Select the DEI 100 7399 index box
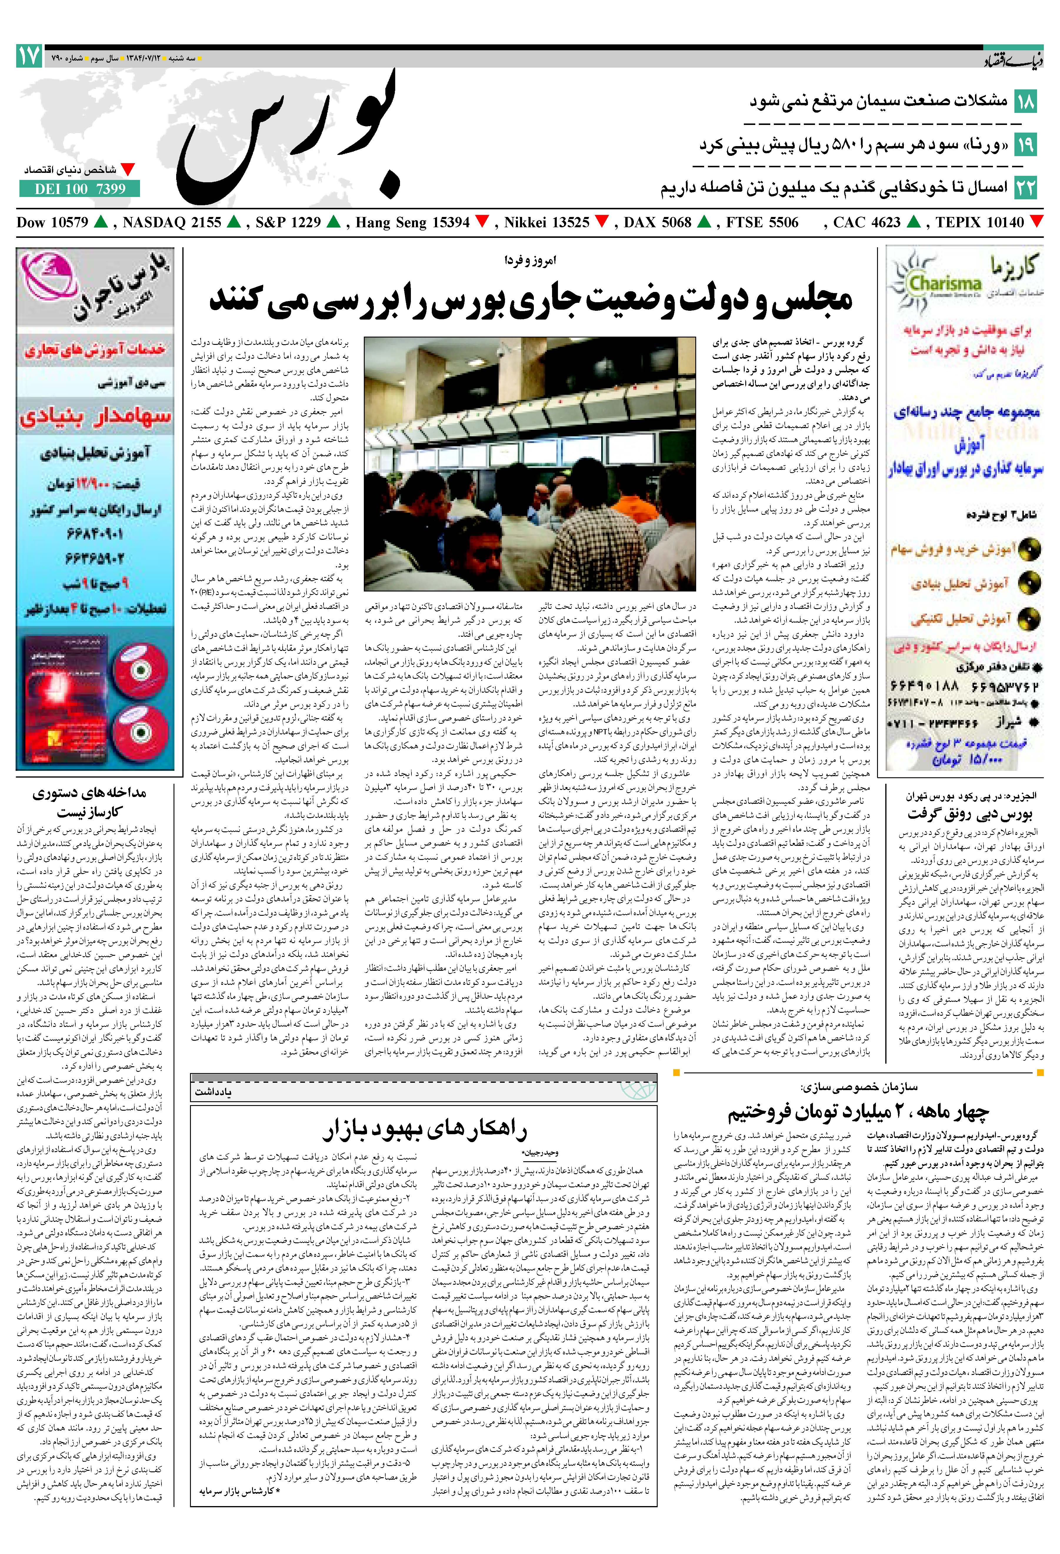(80, 189)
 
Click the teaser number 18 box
(1025, 102)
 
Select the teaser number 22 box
(1025, 187)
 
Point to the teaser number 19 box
(1025, 144)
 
